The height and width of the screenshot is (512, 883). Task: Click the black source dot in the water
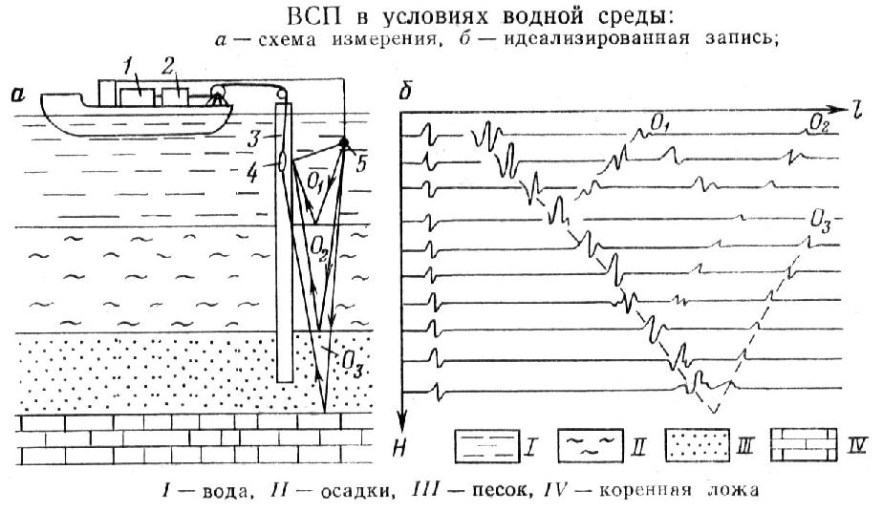tap(343, 143)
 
